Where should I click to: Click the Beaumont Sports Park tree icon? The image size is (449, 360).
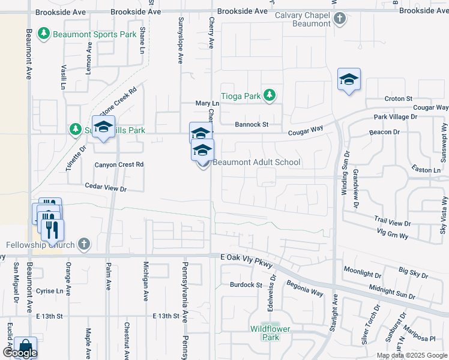click(x=44, y=34)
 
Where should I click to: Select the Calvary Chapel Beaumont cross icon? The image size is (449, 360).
click(x=340, y=19)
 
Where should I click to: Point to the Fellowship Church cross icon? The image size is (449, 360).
click(x=83, y=244)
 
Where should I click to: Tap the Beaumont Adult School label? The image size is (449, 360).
click(x=256, y=162)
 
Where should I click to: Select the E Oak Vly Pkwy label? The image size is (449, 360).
click(x=247, y=260)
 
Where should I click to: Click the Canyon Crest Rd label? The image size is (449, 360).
click(x=119, y=164)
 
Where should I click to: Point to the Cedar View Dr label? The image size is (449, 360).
click(x=106, y=188)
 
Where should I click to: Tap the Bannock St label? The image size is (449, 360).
click(x=251, y=125)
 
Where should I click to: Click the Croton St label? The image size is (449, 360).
click(x=398, y=98)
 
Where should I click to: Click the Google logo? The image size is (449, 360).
click(x=20, y=353)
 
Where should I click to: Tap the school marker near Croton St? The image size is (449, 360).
click(x=348, y=80)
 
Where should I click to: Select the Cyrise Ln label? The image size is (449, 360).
click(x=49, y=290)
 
